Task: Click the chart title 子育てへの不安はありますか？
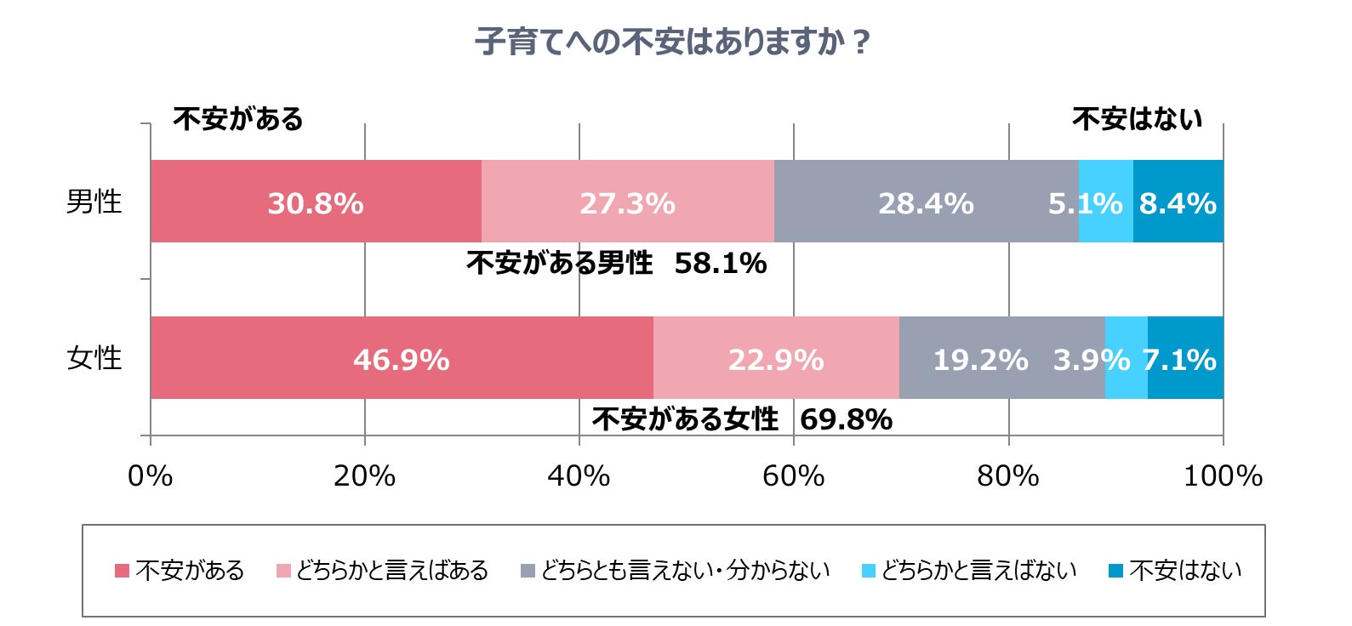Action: (x=673, y=42)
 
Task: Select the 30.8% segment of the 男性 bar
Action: (x=316, y=202)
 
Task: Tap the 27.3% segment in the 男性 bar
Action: (x=627, y=202)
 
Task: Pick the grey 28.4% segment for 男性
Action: (x=926, y=202)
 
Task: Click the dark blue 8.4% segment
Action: (x=1178, y=202)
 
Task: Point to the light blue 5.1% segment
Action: (x=1105, y=202)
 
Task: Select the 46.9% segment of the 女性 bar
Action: (x=402, y=358)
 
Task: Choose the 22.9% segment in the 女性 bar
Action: (x=775, y=358)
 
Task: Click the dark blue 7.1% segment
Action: (x=1185, y=358)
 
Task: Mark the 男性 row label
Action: (x=94, y=202)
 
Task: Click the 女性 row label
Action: (x=94, y=358)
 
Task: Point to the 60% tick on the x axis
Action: (x=793, y=475)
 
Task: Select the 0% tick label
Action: (x=151, y=475)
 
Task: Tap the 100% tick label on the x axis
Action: (x=1223, y=475)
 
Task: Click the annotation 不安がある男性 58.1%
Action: (x=616, y=264)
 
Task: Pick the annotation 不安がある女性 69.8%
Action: (x=741, y=419)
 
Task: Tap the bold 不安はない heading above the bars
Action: (x=1137, y=118)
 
